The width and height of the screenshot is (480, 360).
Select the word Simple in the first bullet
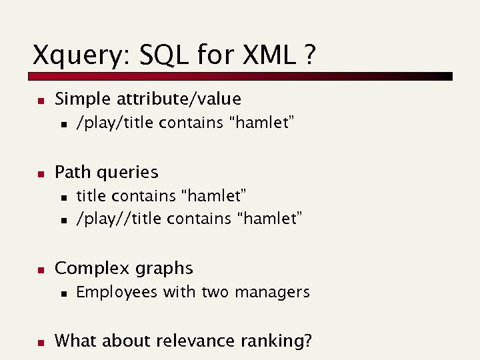coord(83,99)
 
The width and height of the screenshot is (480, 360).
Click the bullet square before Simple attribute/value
coord(39,101)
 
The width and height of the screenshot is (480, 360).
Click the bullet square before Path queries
coord(39,174)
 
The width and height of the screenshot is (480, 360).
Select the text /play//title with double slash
coord(119,219)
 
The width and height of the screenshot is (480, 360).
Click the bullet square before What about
coord(39,343)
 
